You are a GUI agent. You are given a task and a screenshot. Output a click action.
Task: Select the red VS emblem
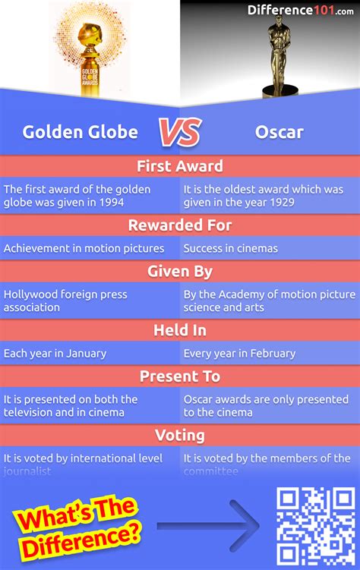point(179,132)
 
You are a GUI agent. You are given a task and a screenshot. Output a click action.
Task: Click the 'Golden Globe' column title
point(81,132)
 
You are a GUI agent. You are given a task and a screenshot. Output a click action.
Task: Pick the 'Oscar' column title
point(279,132)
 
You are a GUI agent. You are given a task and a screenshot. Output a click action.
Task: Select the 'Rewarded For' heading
point(180,225)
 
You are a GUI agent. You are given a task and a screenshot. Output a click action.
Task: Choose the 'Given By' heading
point(180,271)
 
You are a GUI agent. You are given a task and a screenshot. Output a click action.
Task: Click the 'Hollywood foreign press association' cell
point(65,301)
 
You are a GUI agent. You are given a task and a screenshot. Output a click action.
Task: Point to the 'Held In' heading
point(180,331)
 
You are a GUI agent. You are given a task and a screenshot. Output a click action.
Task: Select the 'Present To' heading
point(180,376)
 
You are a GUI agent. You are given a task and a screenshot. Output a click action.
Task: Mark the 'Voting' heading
point(180,436)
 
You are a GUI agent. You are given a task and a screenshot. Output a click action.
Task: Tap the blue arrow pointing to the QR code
point(207,525)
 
